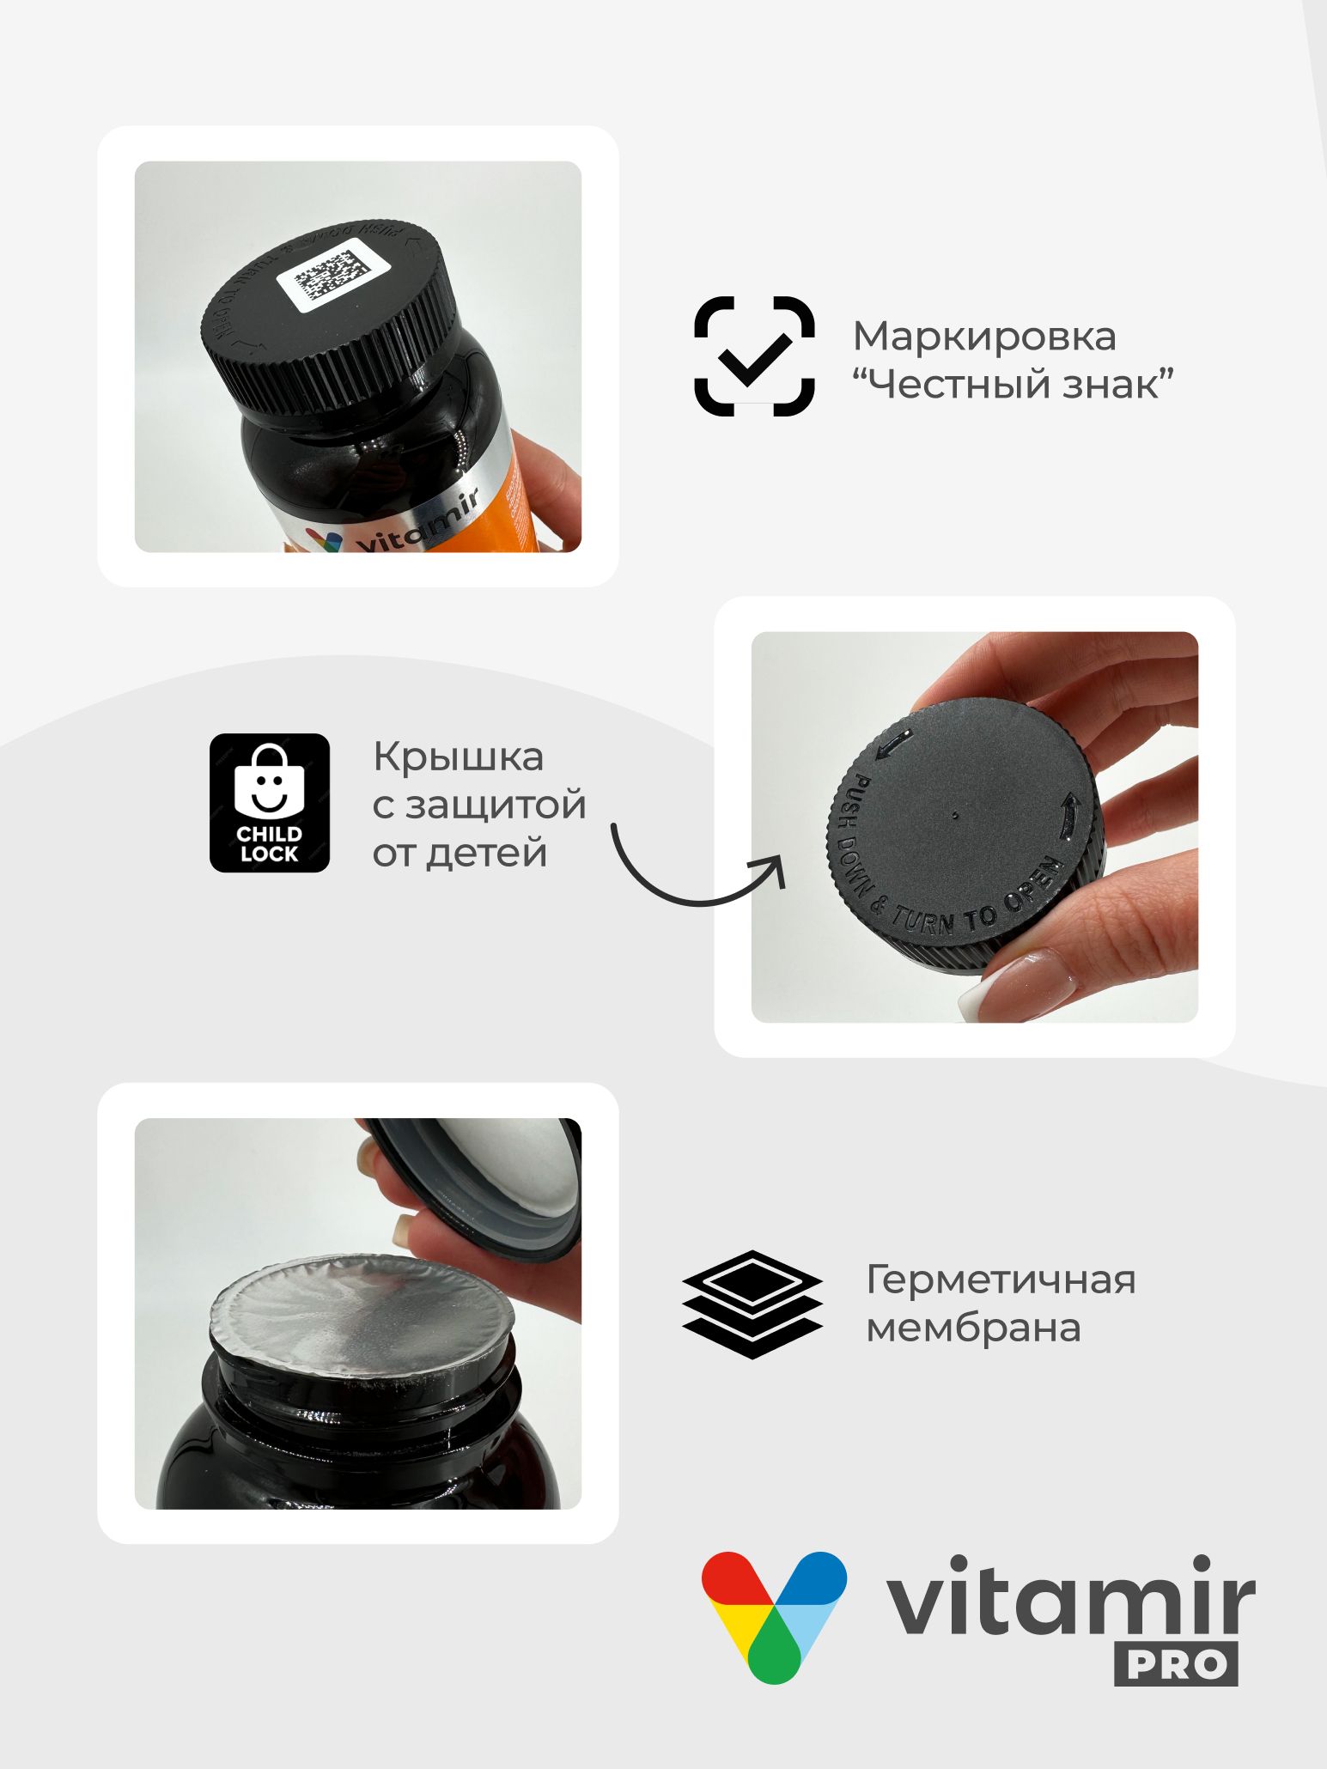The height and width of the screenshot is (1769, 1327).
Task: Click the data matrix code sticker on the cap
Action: click(x=333, y=276)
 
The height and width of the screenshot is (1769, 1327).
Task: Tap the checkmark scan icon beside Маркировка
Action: click(x=754, y=356)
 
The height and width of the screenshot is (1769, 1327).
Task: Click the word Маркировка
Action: click(x=984, y=336)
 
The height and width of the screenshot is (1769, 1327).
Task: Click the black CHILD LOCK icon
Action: click(x=270, y=803)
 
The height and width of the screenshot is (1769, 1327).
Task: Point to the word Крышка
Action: click(x=458, y=757)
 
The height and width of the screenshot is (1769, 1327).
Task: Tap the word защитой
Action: click(x=496, y=805)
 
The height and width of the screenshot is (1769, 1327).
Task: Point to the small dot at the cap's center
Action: click(x=956, y=815)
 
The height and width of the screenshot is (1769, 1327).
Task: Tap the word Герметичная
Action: click(x=1001, y=1280)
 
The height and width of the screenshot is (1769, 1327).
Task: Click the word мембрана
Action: click(x=973, y=1328)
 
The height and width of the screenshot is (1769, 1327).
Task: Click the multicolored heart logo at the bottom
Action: click(x=774, y=1614)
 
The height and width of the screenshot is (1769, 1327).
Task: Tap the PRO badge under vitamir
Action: click(x=1176, y=1664)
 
